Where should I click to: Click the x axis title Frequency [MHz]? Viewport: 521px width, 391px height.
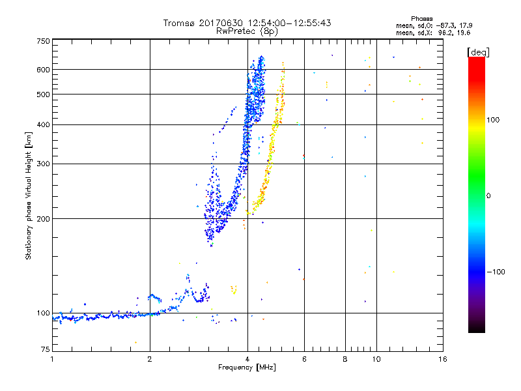(x=247, y=368)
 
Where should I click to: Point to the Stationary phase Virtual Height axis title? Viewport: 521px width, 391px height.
(x=29, y=195)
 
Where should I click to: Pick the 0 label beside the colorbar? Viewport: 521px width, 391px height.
(x=490, y=195)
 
